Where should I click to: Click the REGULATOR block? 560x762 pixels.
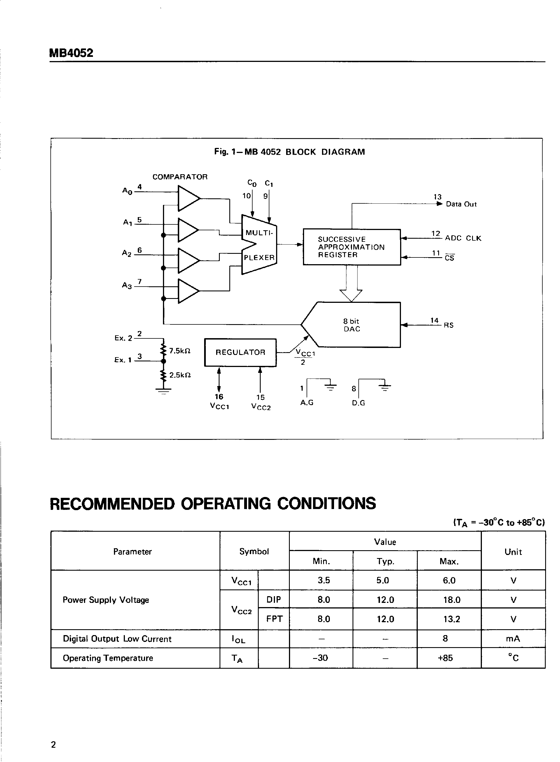(240, 352)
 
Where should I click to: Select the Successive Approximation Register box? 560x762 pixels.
(351, 247)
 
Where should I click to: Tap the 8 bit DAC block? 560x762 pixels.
(351, 325)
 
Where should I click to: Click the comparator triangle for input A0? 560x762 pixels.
(187, 198)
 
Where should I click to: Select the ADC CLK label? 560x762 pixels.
(463, 238)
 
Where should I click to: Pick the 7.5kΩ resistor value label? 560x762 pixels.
(180, 351)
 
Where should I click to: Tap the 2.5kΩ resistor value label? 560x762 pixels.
(180, 375)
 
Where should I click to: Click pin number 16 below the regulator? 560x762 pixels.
(219, 397)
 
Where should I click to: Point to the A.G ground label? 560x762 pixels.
(307, 403)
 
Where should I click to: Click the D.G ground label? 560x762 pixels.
(358, 403)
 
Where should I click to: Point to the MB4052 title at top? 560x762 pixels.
(71, 53)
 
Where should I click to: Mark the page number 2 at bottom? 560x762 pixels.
(53, 745)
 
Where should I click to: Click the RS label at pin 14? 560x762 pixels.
(449, 325)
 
